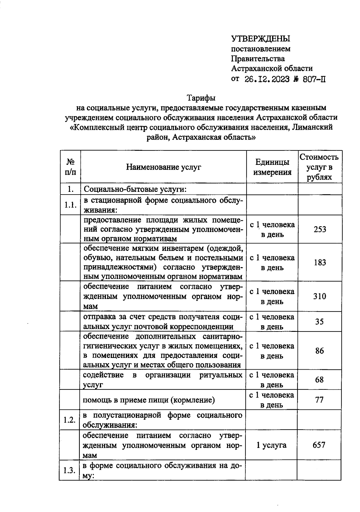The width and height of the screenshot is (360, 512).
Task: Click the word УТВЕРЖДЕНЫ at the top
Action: (x=261, y=39)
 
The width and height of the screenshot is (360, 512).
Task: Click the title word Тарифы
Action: (x=201, y=98)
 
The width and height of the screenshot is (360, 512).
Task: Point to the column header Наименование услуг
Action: (x=163, y=167)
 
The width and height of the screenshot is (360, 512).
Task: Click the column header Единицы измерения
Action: (x=272, y=167)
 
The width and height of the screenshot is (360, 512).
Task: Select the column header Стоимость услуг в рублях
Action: (x=319, y=167)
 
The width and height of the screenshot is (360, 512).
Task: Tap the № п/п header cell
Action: (x=70, y=167)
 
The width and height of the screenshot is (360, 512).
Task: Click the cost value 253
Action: (x=320, y=229)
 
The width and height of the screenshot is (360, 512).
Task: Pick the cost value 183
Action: (x=320, y=263)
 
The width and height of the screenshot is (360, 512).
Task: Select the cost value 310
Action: (x=319, y=296)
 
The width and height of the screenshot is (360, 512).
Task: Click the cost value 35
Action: (x=319, y=322)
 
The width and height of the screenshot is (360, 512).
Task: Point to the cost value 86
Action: (x=319, y=351)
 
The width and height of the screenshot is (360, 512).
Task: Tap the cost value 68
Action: (x=319, y=380)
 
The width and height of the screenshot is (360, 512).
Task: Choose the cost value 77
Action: (x=319, y=400)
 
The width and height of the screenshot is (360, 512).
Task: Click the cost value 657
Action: (x=319, y=445)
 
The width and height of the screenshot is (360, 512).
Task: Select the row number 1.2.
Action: (x=69, y=420)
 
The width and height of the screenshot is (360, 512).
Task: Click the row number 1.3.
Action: (x=69, y=470)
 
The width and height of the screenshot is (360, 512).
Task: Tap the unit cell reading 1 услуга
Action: (x=271, y=445)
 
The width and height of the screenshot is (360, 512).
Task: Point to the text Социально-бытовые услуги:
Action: (x=135, y=189)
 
